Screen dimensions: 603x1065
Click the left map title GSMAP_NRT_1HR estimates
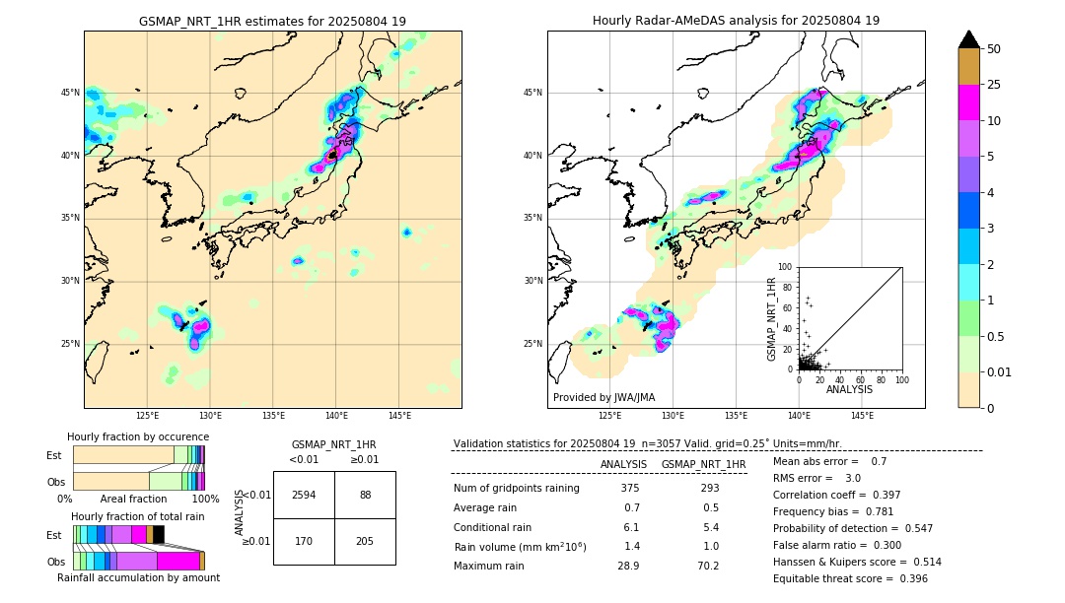tap(272, 21)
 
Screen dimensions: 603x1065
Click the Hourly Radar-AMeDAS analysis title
tap(736, 21)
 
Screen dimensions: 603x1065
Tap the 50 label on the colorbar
tap(994, 49)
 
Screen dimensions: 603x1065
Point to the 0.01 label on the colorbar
tap(1000, 371)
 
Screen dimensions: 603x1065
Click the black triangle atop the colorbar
tap(969, 39)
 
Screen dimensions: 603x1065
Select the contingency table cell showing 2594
tap(304, 495)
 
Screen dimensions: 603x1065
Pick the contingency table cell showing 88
tap(365, 495)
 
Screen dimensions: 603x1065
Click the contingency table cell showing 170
tap(304, 541)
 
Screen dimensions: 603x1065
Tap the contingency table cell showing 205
tap(365, 541)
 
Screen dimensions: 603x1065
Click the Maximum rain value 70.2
tap(703, 566)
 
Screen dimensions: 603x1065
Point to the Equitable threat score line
tap(850, 578)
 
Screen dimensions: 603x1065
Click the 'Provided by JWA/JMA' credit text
tap(603, 398)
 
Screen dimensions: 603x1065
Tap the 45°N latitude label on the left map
tap(69, 93)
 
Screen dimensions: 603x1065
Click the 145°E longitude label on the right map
tap(862, 416)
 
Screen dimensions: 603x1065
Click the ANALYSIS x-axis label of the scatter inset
tap(849, 390)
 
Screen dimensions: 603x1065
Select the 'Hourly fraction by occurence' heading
tap(138, 436)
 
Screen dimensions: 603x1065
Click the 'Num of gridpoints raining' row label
tap(516, 488)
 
